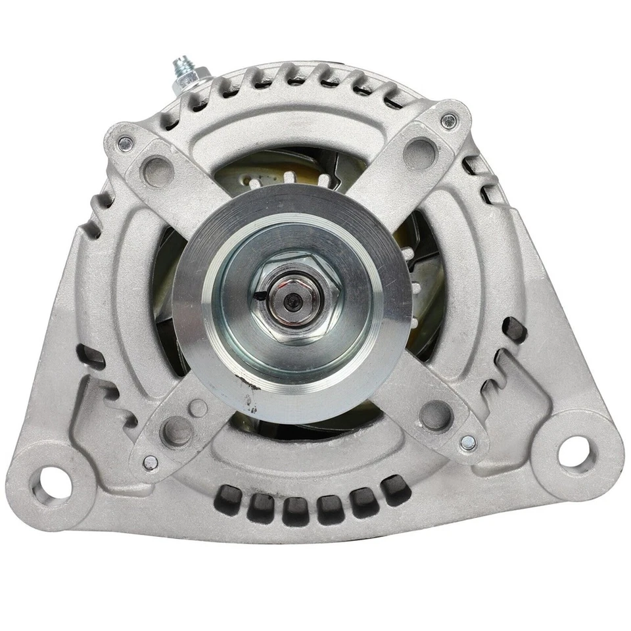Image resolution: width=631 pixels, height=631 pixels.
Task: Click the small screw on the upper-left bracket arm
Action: point(124,143)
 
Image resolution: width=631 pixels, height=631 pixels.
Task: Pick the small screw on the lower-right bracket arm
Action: point(468,442)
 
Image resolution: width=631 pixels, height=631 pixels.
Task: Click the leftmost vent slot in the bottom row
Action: point(227,501)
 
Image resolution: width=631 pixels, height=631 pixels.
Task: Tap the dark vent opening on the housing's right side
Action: point(513,329)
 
